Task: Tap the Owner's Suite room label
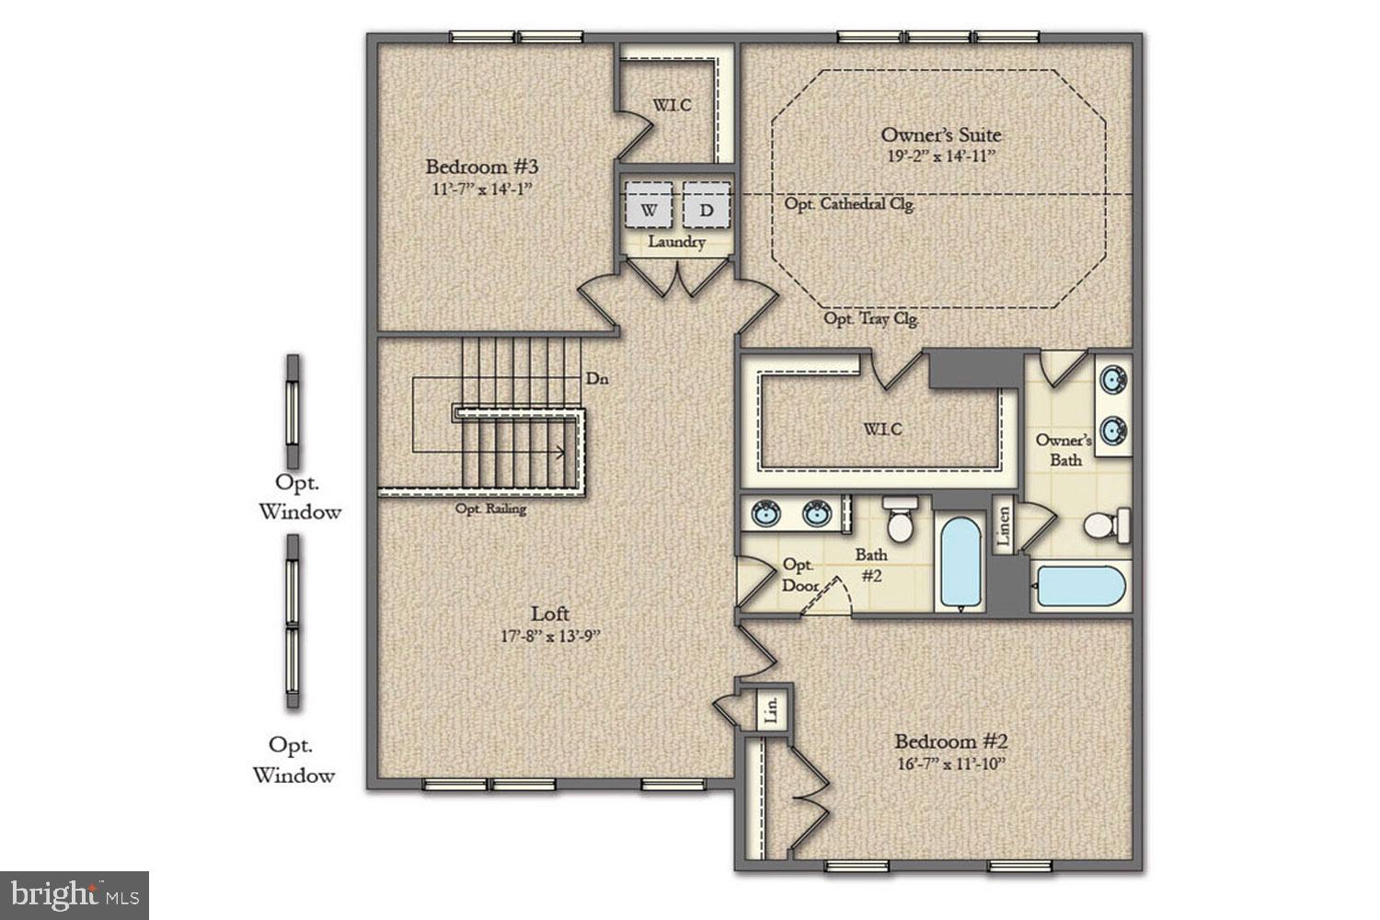(940, 134)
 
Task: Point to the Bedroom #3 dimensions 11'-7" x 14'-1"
(481, 190)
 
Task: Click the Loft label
(550, 614)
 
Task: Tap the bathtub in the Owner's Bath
(1080, 586)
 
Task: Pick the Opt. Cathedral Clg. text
(849, 204)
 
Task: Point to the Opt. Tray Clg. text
(870, 319)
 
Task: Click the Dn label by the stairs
(596, 378)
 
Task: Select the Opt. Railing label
(491, 509)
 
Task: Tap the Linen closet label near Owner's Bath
(1004, 528)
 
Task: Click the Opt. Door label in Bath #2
(799, 575)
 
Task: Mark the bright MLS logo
(75, 895)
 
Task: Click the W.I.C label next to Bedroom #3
(672, 106)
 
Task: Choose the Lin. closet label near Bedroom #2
(772, 709)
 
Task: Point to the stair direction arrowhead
(559, 452)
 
